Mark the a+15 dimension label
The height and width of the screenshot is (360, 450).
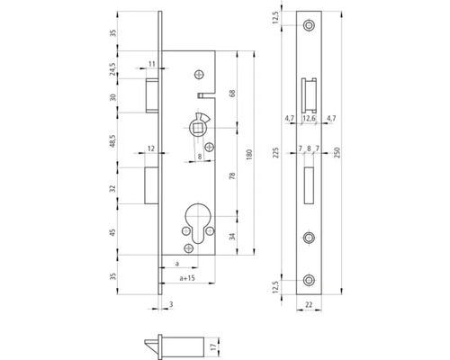[x=188, y=282]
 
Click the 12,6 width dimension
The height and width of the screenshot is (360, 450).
[x=310, y=117]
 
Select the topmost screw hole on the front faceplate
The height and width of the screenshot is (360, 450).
[x=310, y=26]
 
